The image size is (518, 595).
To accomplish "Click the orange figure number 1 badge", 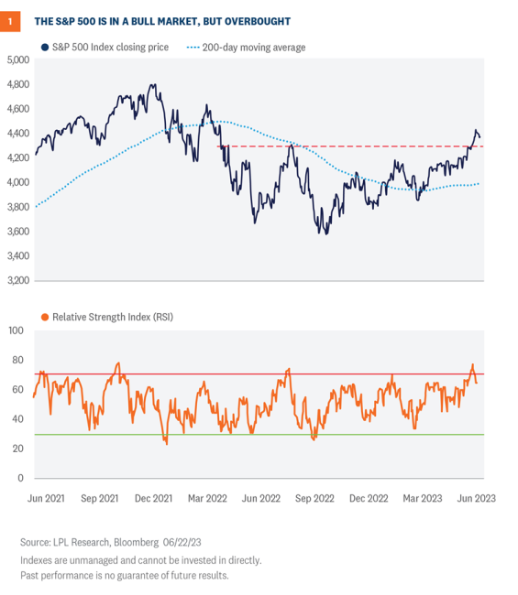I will click(11, 20).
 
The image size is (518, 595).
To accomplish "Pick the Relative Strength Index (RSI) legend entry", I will click(107, 317).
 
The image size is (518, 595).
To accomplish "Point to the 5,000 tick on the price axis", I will click(17, 59).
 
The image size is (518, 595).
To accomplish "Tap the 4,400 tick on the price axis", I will click(17, 133).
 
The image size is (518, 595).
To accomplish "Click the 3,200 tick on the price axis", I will click(17, 280).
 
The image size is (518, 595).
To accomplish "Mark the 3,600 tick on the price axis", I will click(17, 231).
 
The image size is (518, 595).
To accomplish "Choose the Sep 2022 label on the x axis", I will click(315, 498).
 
